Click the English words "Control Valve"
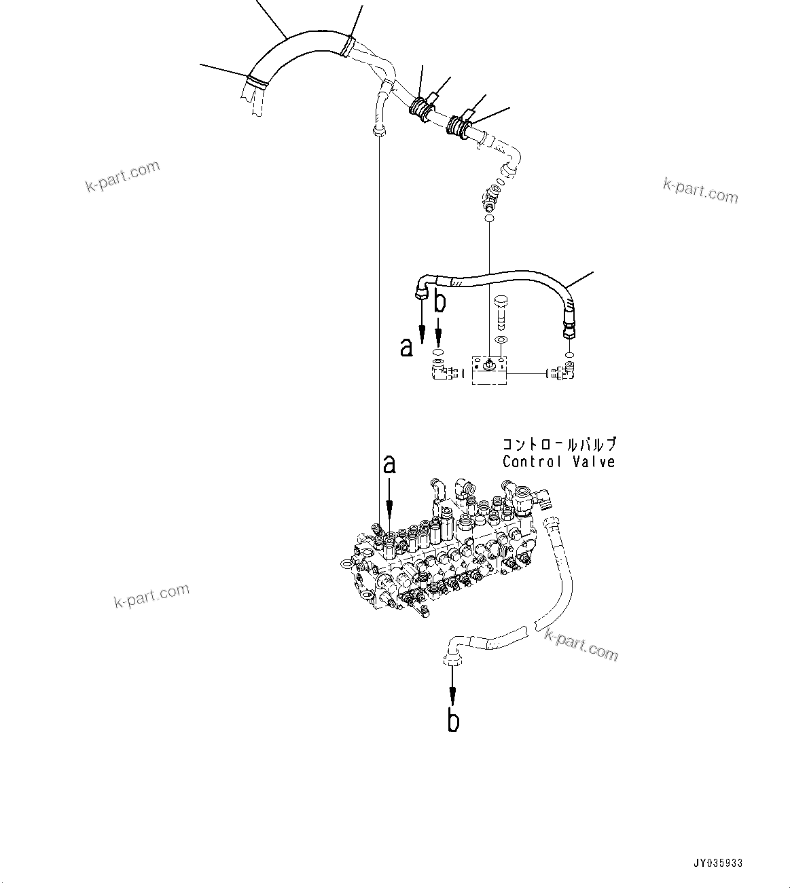point(558,462)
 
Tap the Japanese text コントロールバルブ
point(558,445)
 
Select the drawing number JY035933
point(718,864)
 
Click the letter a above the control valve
point(389,465)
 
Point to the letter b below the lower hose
point(453,720)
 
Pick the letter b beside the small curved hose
point(440,301)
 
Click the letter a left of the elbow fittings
point(406,348)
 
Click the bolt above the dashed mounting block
point(501,309)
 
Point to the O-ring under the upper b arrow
point(439,352)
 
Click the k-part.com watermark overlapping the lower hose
point(581,644)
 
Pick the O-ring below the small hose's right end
point(569,354)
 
